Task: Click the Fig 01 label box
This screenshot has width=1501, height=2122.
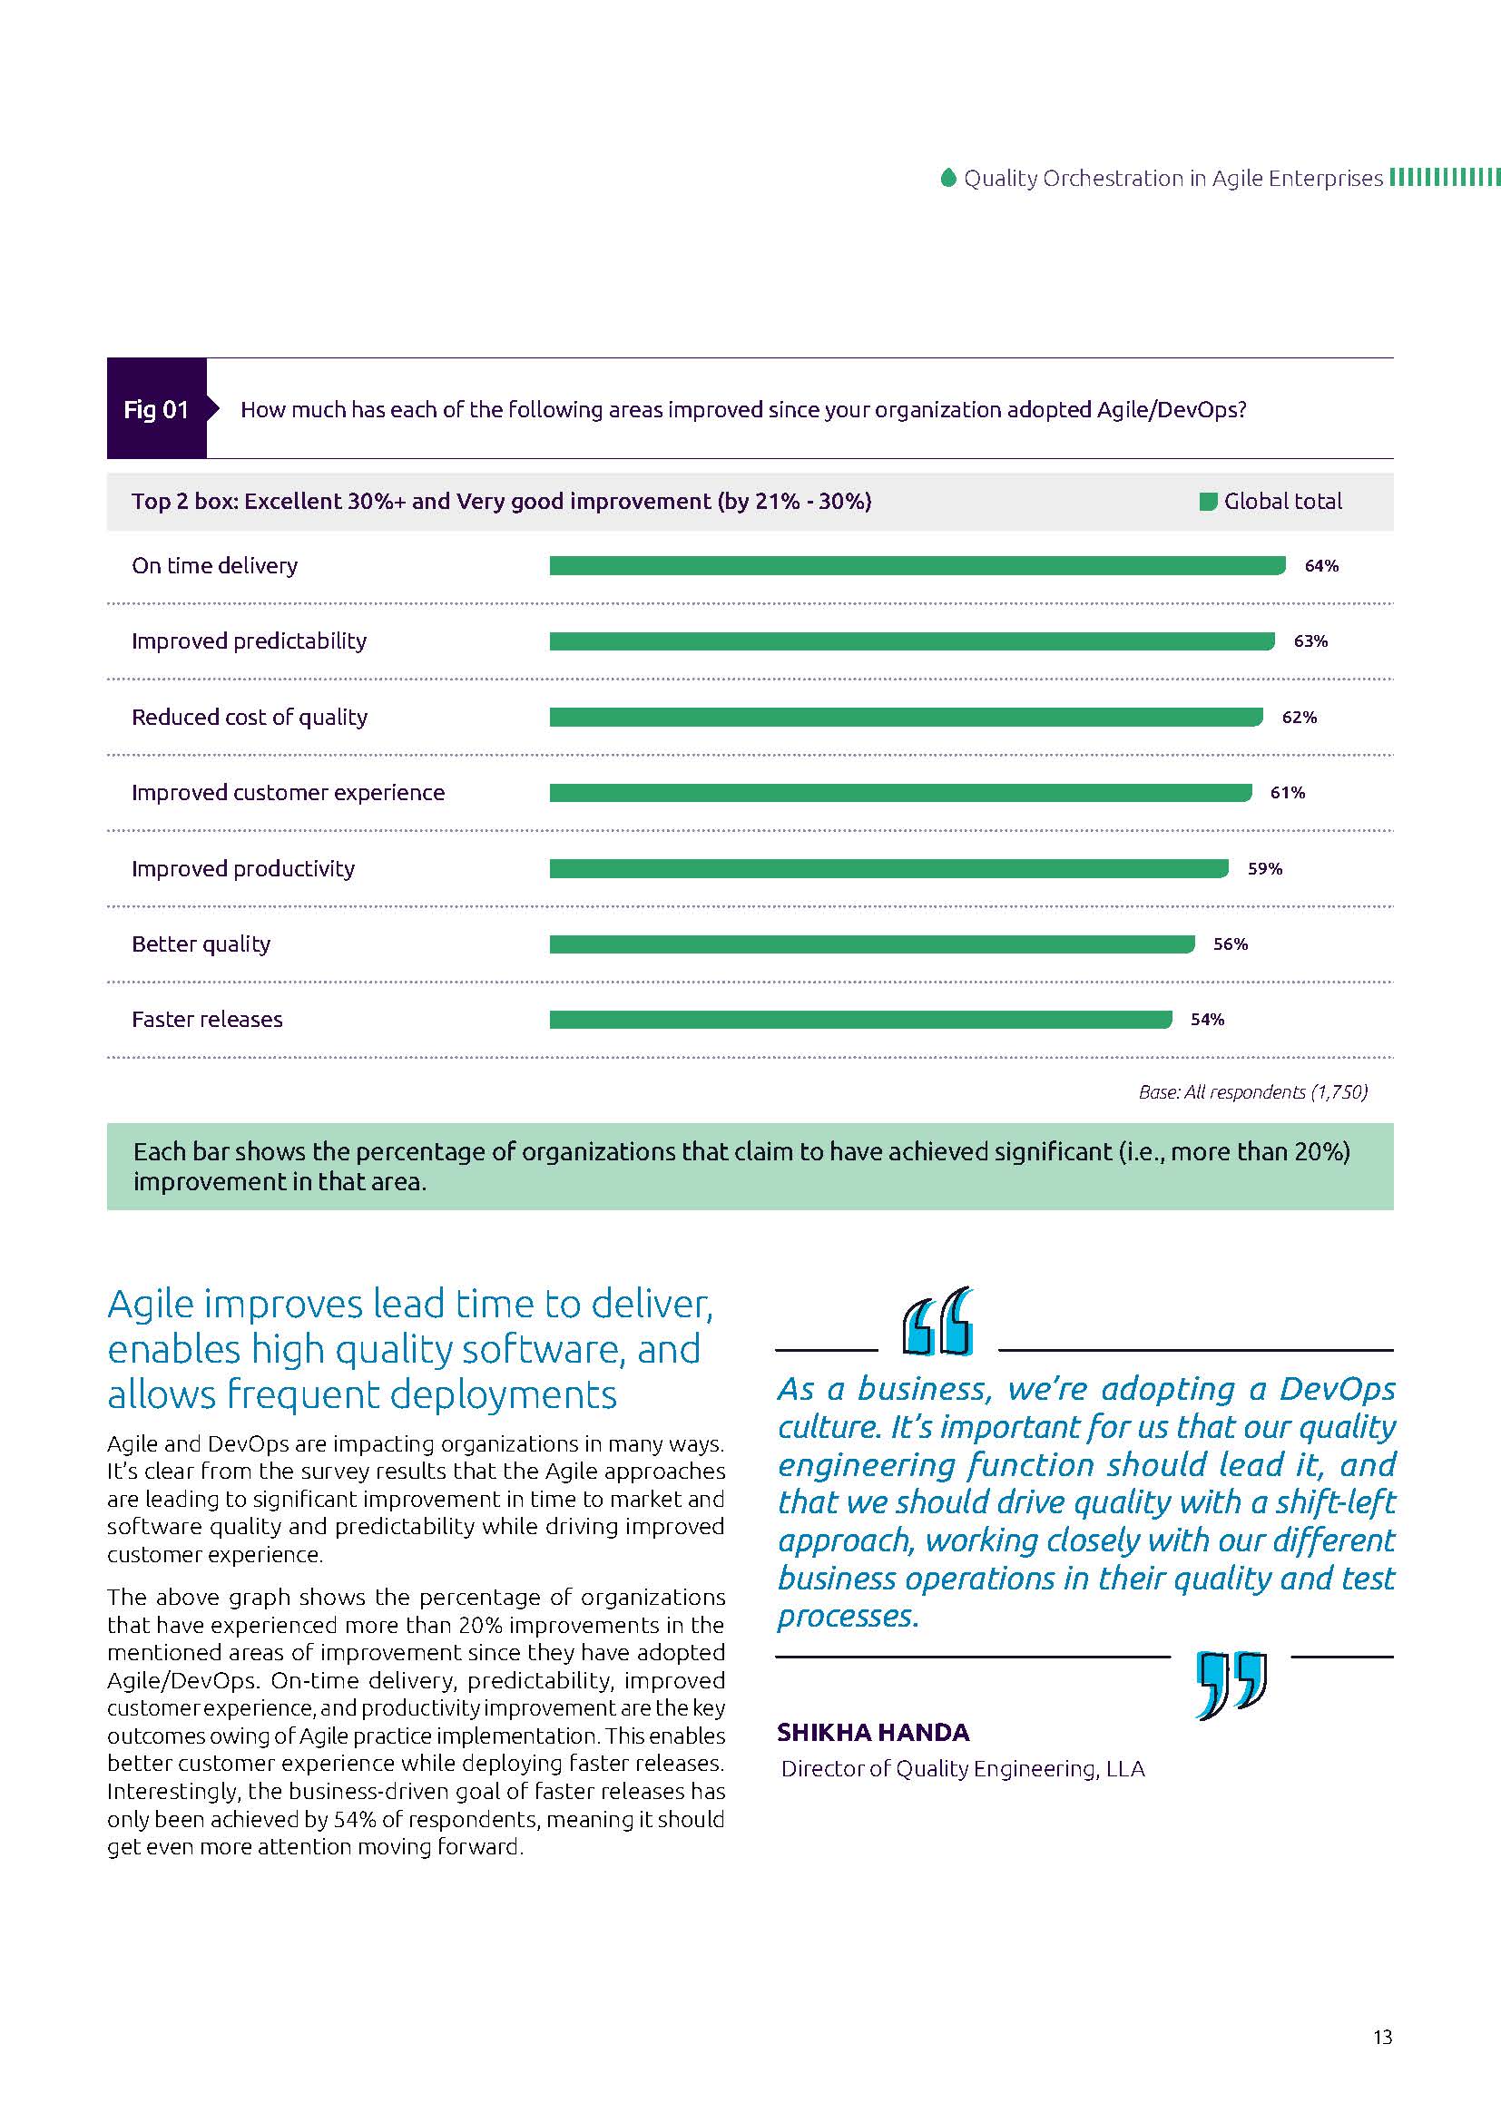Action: [156, 409]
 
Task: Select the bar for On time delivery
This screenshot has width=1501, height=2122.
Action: [916, 565]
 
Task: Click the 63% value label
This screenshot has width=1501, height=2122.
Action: [1310, 641]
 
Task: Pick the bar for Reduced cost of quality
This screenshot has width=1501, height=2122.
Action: [905, 718]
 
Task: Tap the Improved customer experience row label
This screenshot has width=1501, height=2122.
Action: [288, 793]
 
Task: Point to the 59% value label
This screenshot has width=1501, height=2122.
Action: [1264, 869]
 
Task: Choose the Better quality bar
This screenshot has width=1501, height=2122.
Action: [870, 944]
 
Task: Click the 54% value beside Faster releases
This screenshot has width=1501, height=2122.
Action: [1207, 1020]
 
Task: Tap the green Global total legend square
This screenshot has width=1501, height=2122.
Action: [1207, 502]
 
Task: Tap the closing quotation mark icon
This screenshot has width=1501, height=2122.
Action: [1231, 1684]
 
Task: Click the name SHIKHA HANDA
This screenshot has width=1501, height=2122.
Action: [872, 1732]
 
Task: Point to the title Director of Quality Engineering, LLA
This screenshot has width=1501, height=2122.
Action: [962, 1769]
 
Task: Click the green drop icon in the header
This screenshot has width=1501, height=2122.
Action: [947, 178]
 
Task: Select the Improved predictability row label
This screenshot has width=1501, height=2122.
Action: [249, 641]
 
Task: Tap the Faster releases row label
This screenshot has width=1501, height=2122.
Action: [207, 1020]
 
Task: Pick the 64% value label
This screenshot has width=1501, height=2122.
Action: [1320, 565]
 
